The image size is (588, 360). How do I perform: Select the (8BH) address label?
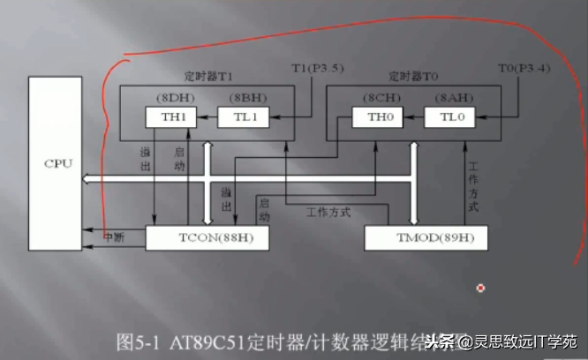coord(240,96)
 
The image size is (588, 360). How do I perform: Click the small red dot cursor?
coord(480,288)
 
